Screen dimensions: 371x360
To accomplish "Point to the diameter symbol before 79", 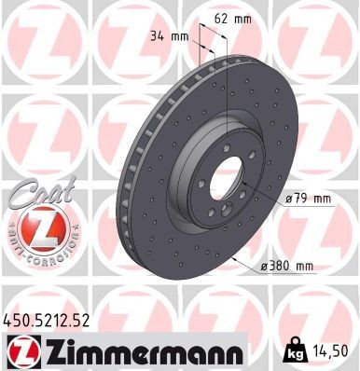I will point(290,199).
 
